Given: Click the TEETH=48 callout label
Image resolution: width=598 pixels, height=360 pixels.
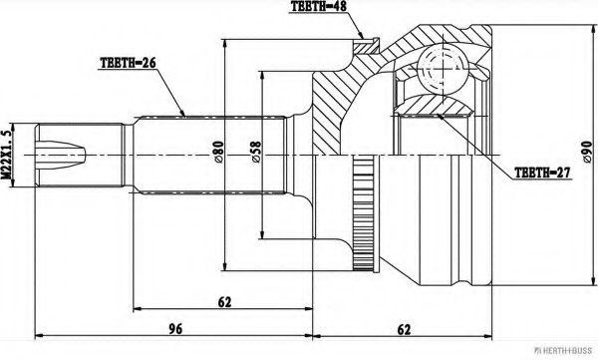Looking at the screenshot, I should pyautogui.click(x=318, y=9).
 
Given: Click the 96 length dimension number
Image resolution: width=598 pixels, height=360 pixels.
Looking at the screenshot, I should pyautogui.click(x=174, y=326).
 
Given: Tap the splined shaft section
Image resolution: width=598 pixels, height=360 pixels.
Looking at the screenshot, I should pyautogui.click(x=209, y=155).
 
